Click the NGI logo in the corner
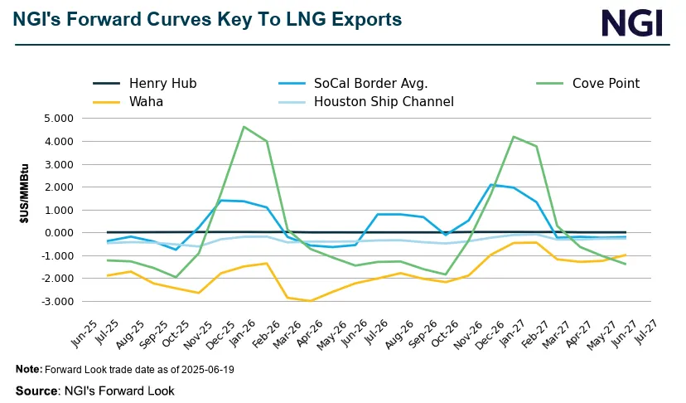[x=633, y=22]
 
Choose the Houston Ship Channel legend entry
[x=384, y=102]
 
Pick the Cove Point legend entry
[x=603, y=83]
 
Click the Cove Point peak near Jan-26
[x=244, y=127]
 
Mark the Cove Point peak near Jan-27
[x=514, y=137]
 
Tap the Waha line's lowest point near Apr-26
[x=312, y=301]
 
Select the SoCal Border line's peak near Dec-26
[x=490, y=184]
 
